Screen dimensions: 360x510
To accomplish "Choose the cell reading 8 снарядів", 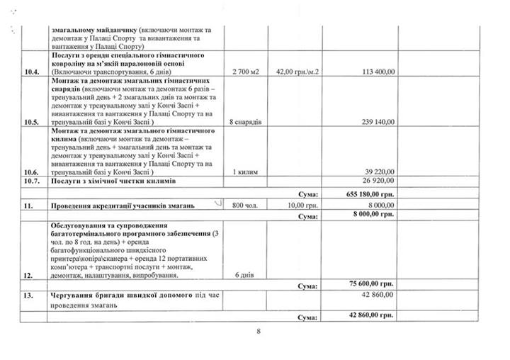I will click(x=246, y=121).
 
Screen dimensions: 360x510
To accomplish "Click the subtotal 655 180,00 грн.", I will click(x=368, y=192).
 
